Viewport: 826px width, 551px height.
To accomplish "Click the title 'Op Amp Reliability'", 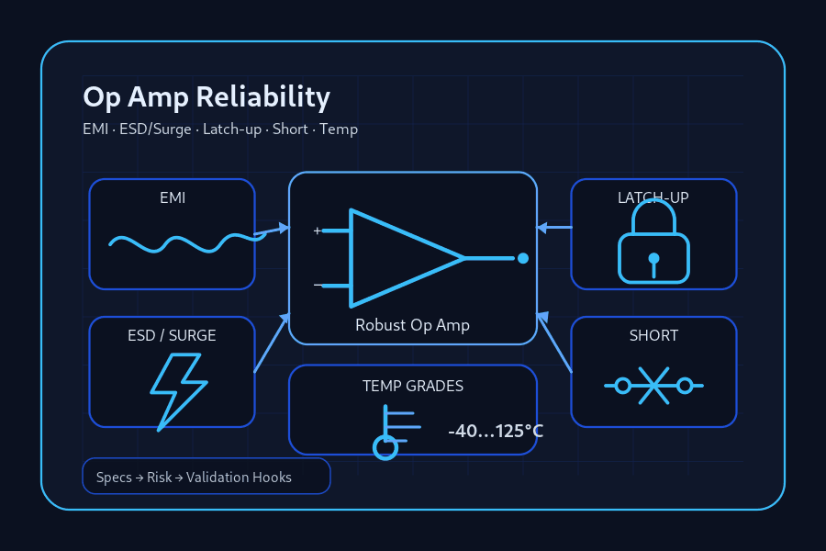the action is click(206, 97).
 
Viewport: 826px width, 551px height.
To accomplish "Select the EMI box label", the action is click(173, 197).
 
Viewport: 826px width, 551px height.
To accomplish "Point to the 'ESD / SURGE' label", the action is click(172, 336).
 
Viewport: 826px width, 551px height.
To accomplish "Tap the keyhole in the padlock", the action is click(653, 264).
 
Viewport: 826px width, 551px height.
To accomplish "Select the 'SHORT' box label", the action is click(653, 336).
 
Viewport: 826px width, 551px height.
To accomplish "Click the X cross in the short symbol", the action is click(653, 386).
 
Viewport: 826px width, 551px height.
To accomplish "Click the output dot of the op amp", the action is click(523, 258).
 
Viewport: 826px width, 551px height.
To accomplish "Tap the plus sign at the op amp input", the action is click(318, 231).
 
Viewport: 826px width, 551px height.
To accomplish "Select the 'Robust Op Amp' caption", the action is click(412, 325).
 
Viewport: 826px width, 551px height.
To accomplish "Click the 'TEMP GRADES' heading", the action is click(413, 386).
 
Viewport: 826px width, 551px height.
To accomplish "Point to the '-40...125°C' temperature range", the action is click(496, 432).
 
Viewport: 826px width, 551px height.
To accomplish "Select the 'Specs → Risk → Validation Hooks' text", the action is click(194, 478).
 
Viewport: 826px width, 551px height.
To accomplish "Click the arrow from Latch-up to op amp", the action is click(554, 228).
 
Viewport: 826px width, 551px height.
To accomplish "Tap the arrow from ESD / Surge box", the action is click(273, 343).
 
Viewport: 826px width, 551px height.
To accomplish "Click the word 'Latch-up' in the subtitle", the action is click(232, 129).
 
